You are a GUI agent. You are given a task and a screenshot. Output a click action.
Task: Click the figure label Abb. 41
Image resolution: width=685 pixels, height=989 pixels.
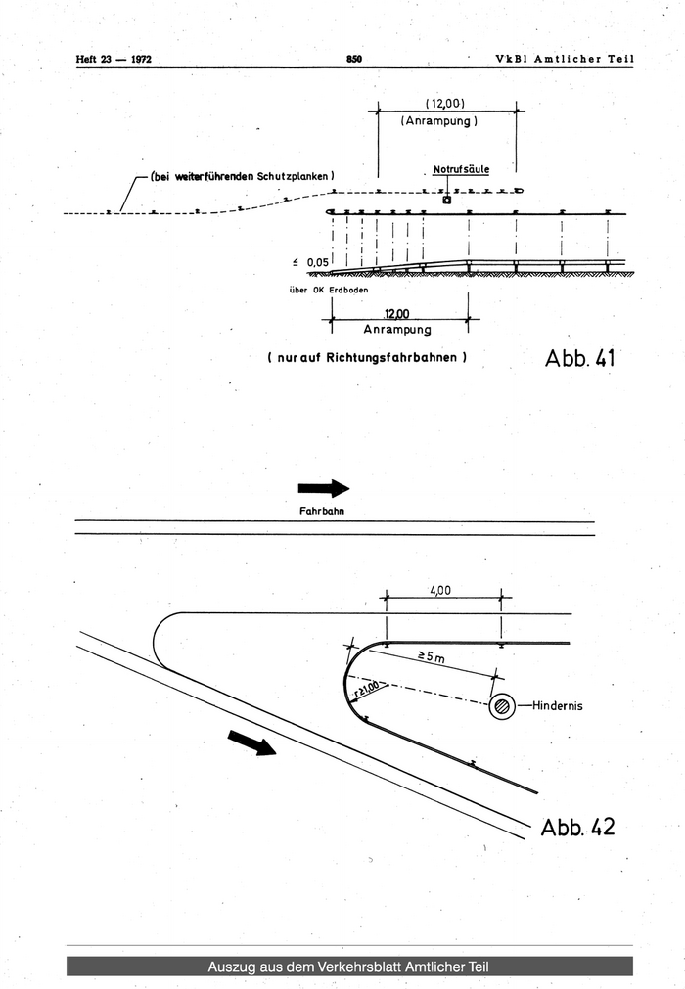tap(579, 358)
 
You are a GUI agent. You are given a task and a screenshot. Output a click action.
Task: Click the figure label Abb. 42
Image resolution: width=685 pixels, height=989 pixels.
tap(577, 827)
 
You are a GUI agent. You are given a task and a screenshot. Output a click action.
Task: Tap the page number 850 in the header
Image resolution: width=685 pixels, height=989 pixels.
tap(354, 59)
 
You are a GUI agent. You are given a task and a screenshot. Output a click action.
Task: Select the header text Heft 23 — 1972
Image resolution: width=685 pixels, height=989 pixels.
tap(114, 60)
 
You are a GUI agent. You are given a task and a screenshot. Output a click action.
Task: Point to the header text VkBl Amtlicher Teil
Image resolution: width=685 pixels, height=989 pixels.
tap(565, 59)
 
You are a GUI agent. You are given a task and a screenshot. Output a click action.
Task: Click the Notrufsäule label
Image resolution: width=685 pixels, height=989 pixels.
tap(461, 169)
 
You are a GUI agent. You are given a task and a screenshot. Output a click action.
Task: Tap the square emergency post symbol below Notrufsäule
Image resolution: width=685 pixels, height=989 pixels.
tap(447, 200)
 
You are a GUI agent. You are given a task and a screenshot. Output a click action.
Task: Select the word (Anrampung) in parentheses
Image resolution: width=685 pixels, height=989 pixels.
tap(439, 121)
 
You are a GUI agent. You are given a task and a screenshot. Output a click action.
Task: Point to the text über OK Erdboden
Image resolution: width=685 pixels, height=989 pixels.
tap(329, 291)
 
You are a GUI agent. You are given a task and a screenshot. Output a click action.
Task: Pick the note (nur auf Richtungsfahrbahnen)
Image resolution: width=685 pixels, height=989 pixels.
tap(367, 358)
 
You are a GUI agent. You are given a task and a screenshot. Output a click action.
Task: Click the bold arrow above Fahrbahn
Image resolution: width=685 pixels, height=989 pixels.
tap(324, 488)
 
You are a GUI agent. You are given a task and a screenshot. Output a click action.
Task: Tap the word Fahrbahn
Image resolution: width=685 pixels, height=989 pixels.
tap(322, 511)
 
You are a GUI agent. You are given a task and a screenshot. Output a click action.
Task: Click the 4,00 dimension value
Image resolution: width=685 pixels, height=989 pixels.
tap(440, 591)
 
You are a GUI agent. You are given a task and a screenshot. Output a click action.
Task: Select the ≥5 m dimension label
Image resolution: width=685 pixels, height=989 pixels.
tap(431, 657)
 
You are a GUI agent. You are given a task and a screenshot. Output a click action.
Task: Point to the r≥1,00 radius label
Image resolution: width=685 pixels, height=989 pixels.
tap(366, 689)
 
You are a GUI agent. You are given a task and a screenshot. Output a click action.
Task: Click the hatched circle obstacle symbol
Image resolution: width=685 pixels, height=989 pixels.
tap(502, 706)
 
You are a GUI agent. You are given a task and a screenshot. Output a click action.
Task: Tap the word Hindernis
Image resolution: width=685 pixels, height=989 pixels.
tap(558, 705)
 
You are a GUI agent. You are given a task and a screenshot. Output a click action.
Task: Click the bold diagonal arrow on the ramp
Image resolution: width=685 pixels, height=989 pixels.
tap(251, 743)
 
